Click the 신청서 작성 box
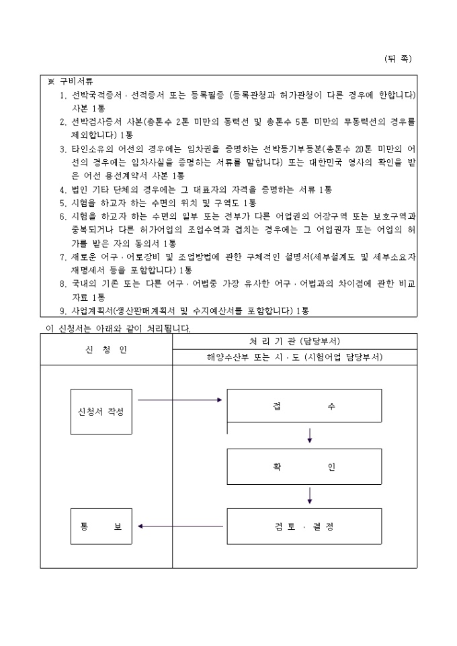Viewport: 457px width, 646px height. [x=101, y=411]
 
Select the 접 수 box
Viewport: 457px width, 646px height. [x=304, y=406]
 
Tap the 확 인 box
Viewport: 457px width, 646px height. [x=304, y=467]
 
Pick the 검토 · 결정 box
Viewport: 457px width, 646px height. [x=304, y=526]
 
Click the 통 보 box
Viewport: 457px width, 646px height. [x=101, y=526]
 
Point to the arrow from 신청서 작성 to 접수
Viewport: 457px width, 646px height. [x=179, y=400]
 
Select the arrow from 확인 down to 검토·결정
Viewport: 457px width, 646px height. [x=310, y=495]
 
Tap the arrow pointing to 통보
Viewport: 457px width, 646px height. [x=180, y=526]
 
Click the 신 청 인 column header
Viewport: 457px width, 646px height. [x=106, y=349]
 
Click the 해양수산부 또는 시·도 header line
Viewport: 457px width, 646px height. [x=294, y=357]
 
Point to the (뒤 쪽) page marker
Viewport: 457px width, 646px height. [x=398, y=59]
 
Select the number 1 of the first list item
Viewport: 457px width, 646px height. [x=63, y=95]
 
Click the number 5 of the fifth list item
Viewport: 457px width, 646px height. [x=63, y=203]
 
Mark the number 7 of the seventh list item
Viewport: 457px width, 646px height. [x=63, y=257]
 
